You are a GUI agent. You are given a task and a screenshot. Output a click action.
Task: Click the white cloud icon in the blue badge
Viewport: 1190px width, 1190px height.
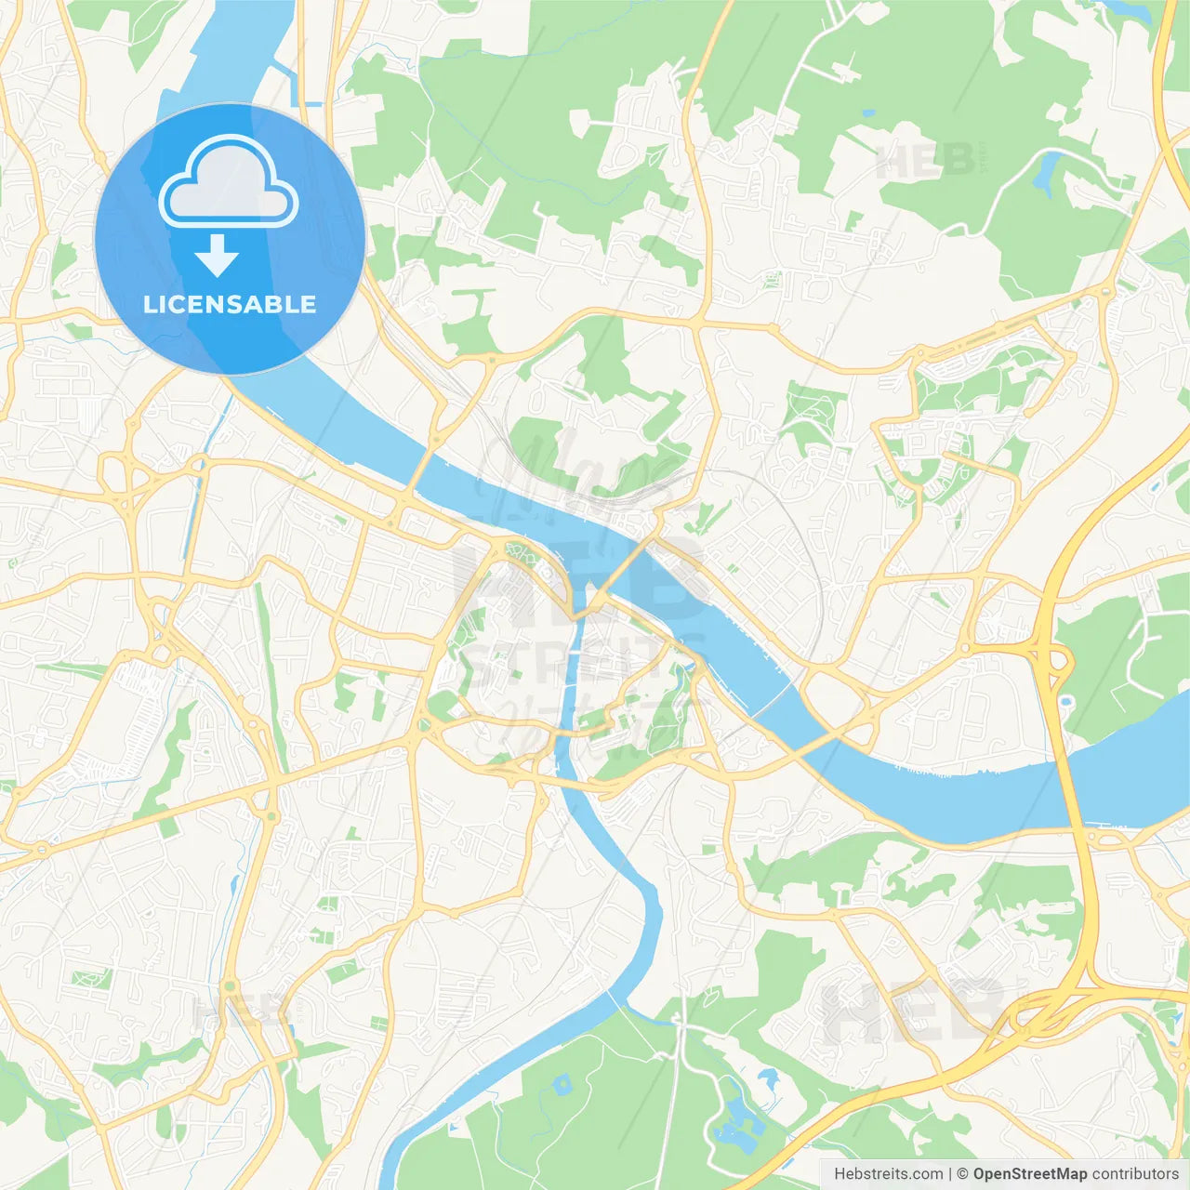tap(229, 183)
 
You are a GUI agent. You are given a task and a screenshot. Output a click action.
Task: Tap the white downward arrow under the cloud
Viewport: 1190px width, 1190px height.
tap(217, 256)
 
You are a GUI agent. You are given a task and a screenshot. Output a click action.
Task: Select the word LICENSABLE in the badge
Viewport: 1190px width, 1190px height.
tap(230, 304)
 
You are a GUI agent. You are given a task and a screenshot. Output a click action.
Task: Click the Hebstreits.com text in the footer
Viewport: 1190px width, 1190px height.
tap(888, 1174)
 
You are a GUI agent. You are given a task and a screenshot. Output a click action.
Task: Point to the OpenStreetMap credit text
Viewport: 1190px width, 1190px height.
tap(1029, 1174)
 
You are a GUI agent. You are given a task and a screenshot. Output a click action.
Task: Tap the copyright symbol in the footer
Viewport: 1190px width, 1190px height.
tap(963, 1174)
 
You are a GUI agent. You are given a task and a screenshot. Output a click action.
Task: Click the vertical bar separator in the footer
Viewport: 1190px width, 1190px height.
tap(950, 1174)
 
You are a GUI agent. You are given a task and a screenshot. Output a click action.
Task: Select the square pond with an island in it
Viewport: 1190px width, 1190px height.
tap(561, 1084)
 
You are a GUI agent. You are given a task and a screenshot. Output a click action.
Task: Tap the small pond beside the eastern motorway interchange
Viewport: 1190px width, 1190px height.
tap(1066, 701)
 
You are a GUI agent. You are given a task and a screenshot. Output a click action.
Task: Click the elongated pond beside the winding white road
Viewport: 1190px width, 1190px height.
tap(1049, 168)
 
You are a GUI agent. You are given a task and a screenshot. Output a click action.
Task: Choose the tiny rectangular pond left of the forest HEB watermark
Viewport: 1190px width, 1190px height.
tap(867, 113)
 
